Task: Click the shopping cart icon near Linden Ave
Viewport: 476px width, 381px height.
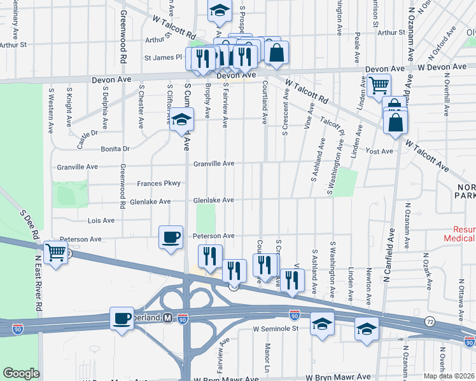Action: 379,84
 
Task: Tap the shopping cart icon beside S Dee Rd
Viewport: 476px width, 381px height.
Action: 55,252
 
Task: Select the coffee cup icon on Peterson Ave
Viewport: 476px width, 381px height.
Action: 171,237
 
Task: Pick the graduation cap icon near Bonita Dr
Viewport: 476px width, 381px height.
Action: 181,119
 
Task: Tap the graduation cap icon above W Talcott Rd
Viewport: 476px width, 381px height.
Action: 219,10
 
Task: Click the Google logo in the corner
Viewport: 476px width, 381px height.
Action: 20,373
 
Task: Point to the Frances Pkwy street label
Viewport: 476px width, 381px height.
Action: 159,184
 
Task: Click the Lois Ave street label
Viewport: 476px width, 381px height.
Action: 101,220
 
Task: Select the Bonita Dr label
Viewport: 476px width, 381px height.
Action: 115,149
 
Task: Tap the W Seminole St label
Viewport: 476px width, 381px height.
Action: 276,329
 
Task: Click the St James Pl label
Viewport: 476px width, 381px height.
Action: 164,58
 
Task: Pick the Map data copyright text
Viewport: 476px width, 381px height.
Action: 449,376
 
